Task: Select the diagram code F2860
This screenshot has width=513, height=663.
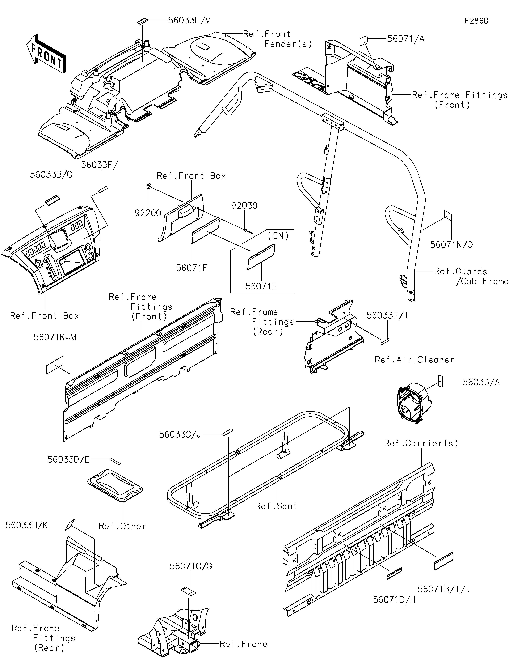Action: pos(476,21)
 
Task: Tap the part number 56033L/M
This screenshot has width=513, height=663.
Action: pos(190,20)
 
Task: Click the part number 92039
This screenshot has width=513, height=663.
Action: pos(244,206)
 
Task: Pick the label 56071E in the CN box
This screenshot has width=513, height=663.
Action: pos(261,286)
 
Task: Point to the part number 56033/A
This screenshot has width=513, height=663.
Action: pos(481,382)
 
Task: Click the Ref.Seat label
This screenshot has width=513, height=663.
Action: pos(276,506)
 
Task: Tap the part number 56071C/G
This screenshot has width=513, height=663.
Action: pos(191,566)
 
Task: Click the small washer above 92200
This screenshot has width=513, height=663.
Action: pos(148,186)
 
